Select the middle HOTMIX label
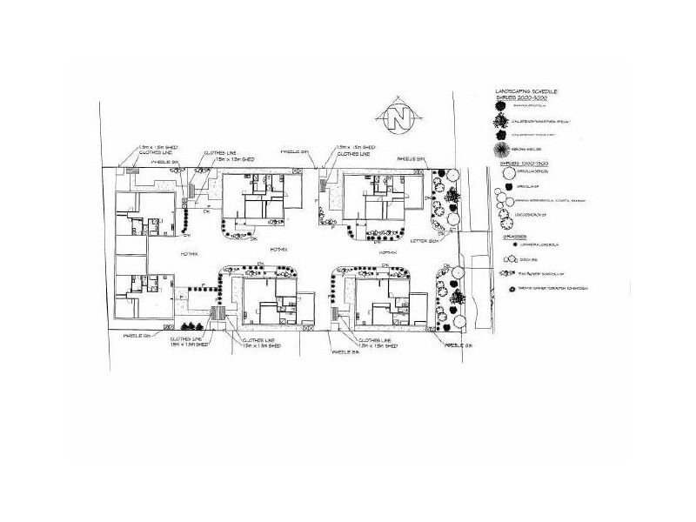click(279, 250)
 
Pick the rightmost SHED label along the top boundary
click(356, 147)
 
